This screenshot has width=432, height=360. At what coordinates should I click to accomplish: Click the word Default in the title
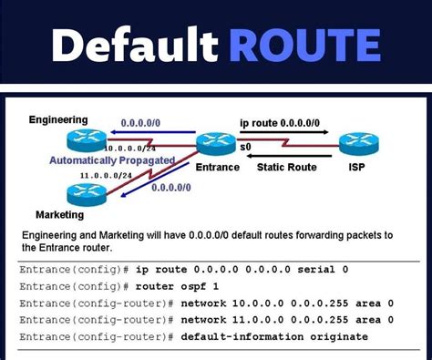(x=135, y=45)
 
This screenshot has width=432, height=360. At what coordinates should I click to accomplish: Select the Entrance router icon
(x=215, y=143)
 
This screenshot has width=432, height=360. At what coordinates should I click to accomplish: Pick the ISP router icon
(x=353, y=143)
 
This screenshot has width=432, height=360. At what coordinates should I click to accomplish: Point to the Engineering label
(x=58, y=119)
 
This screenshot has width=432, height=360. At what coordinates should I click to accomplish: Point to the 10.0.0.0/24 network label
(x=131, y=148)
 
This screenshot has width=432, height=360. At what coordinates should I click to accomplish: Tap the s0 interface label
(x=245, y=147)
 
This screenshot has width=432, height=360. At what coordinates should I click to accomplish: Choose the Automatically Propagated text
(x=126, y=159)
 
